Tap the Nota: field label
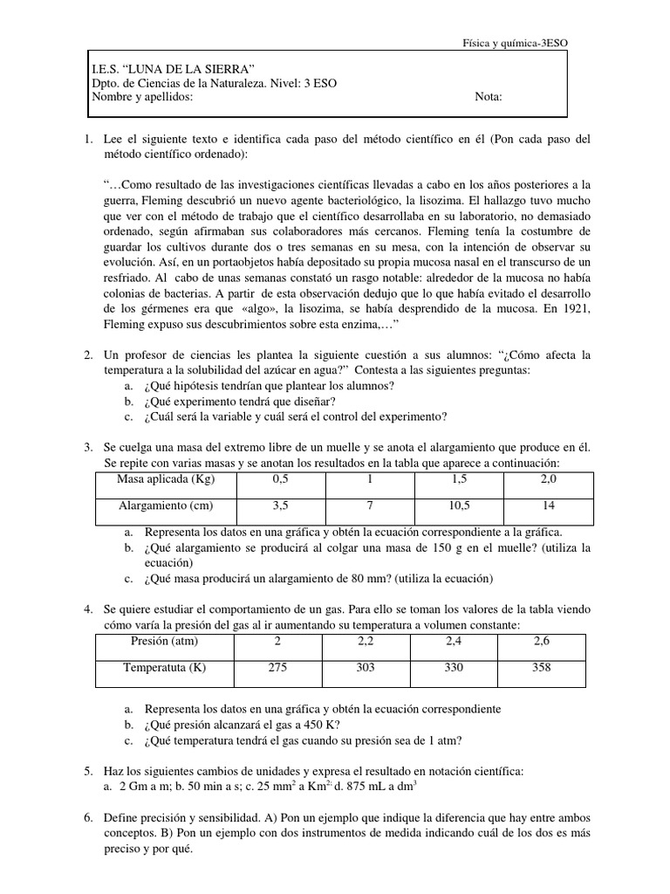pos(489,98)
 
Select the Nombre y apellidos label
pos(142,98)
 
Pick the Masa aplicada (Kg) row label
pos(165,480)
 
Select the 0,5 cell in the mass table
pos(280,480)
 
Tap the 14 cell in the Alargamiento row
pos(548,506)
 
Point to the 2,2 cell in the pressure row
pos(365,642)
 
